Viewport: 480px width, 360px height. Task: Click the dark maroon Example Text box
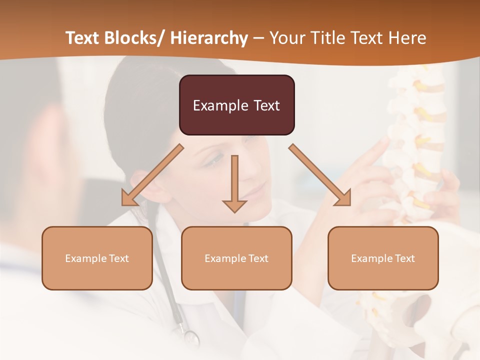point(236,105)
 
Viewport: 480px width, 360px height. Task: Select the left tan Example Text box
point(97,258)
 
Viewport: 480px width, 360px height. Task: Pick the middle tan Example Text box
point(236,258)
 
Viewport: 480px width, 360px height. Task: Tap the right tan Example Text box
point(383,258)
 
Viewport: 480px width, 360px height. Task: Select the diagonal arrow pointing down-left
point(152,175)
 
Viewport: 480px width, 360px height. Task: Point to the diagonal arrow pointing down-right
point(320,175)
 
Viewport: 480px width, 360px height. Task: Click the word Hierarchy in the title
point(209,38)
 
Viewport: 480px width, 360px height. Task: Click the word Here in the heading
point(406,38)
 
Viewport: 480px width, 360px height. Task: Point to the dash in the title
point(258,38)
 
